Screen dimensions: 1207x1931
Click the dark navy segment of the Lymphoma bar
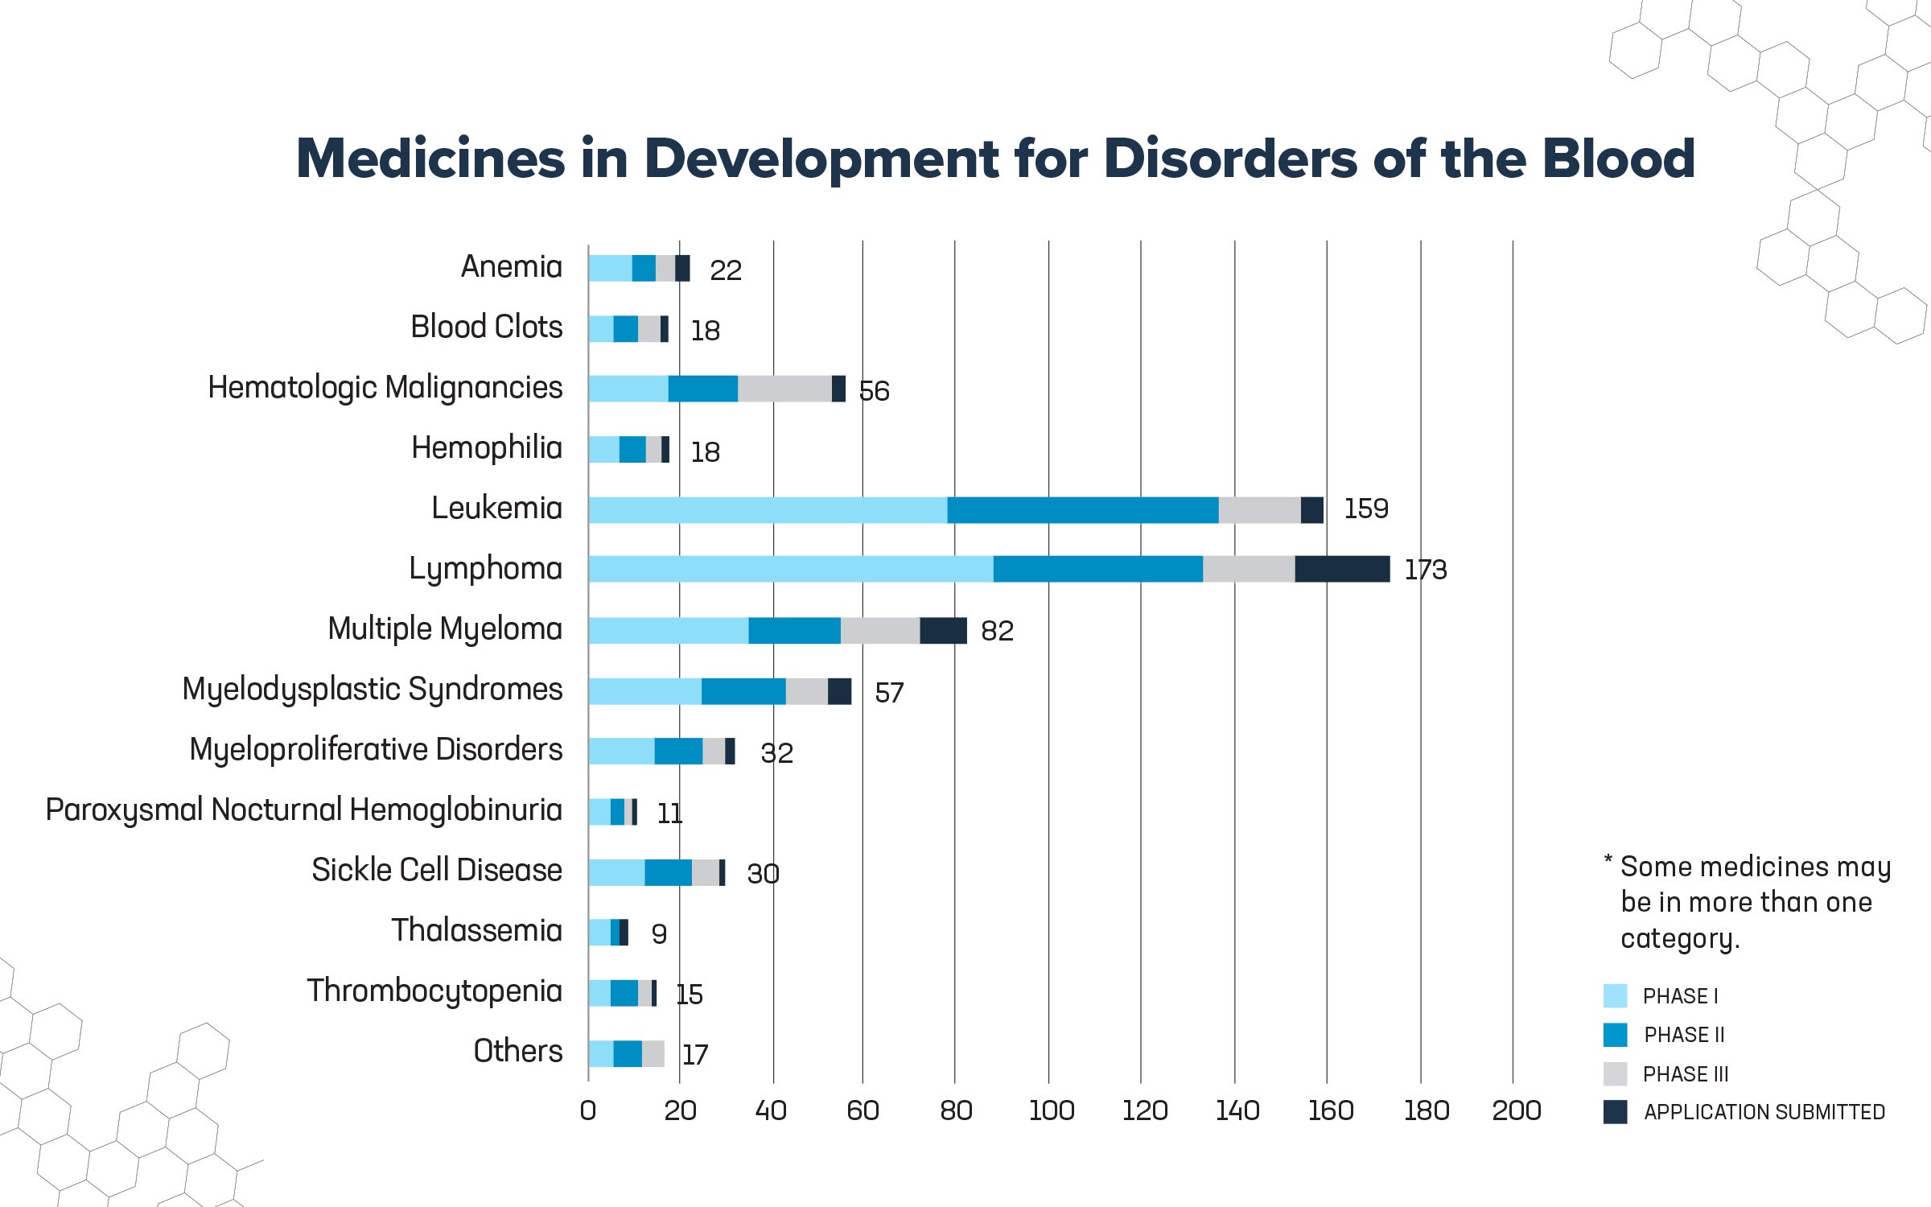click(1342, 569)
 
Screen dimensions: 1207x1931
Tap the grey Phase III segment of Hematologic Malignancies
click(784, 389)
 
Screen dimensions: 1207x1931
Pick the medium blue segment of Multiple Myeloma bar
click(794, 631)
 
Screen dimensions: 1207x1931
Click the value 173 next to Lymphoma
click(1425, 570)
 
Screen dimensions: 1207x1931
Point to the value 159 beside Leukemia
click(1365, 509)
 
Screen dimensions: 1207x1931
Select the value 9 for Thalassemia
click(659, 934)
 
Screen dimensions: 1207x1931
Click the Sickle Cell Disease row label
click(436, 871)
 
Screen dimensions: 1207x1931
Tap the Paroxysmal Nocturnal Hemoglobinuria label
click(303, 810)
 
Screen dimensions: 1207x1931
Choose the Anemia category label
click(511, 267)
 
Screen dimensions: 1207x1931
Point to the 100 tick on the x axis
click(1051, 1111)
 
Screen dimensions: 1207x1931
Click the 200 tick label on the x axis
click(1516, 1111)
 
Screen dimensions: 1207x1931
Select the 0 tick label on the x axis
click(588, 1111)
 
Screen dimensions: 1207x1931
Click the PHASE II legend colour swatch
click(1615, 1035)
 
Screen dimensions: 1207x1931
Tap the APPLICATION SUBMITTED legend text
click(1764, 1113)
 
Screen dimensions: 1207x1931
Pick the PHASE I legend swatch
click(1615, 996)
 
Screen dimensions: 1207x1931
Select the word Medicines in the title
click(430, 159)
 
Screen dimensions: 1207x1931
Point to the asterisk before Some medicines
click(1608, 861)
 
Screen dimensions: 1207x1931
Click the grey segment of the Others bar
click(653, 1054)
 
